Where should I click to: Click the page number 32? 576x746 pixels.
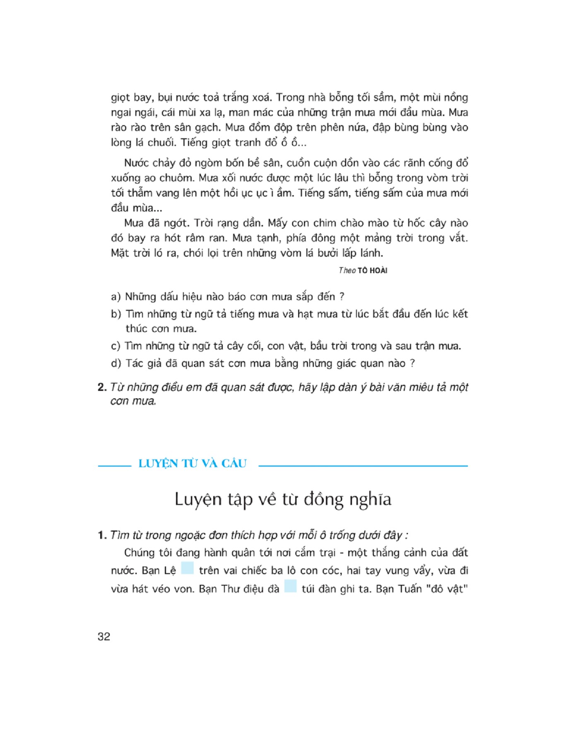click(x=104, y=637)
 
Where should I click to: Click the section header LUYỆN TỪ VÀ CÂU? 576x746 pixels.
click(x=193, y=463)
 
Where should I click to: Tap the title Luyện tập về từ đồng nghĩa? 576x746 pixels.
click(x=283, y=499)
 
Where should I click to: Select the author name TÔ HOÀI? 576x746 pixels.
click(x=372, y=271)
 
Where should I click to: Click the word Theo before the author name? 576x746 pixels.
click(x=347, y=271)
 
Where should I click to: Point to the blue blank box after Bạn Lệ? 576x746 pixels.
click(x=187, y=568)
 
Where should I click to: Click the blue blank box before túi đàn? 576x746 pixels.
click(x=290, y=586)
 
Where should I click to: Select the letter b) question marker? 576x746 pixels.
click(x=116, y=314)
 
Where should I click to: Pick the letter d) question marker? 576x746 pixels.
click(x=116, y=363)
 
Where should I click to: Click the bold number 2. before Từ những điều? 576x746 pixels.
click(x=102, y=387)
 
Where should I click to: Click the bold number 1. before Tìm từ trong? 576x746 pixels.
click(x=102, y=535)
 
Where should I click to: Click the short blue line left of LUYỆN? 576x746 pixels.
click(x=114, y=466)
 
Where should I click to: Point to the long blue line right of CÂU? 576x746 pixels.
click(x=363, y=466)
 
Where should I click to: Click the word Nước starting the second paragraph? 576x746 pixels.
click(x=136, y=163)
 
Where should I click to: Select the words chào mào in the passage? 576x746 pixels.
click(x=367, y=223)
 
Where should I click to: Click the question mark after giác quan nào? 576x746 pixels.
click(x=412, y=363)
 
